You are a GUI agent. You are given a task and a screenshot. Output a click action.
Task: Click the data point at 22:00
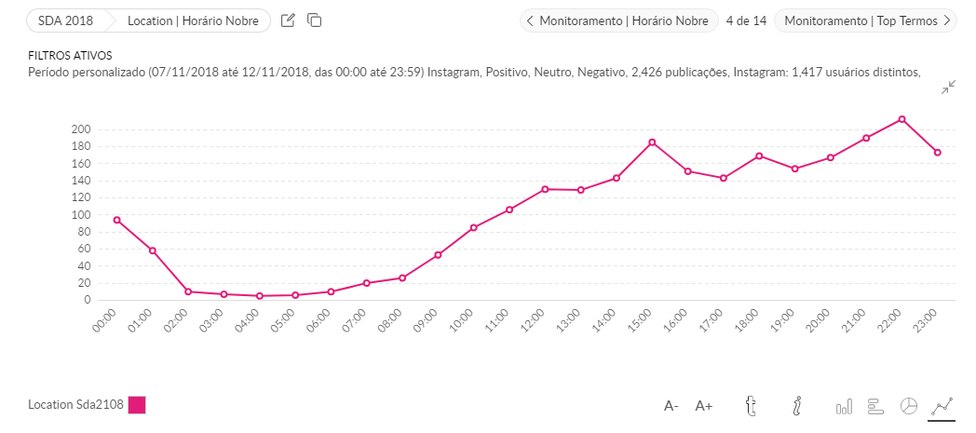pyautogui.click(x=901, y=119)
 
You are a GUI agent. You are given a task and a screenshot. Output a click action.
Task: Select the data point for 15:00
pyautogui.click(x=652, y=142)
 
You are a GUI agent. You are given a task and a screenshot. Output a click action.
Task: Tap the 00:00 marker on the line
pyautogui.click(x=116, y=220)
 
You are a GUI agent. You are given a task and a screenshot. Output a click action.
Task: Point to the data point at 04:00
pyautogui.click(x=259, y=296)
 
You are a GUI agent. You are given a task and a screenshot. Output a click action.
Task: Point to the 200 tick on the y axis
pyautogui.click(x=80, y=129)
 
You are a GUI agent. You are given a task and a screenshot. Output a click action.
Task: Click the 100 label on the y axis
pyautogui.click(x=80, y=215)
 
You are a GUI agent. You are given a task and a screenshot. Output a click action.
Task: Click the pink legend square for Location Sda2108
pyautogui.click(x=137, y=405)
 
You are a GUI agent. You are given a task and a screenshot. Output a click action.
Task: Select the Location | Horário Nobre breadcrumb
pyautogui.click(x=192, y=20)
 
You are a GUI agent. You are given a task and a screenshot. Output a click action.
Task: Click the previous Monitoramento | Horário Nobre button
pyautogui.click(x=619, y=20)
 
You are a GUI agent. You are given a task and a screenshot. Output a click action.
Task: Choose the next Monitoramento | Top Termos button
pyautogui.click(x=865, y=20)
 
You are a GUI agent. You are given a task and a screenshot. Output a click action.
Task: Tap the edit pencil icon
pyautogui.click(x=288, y=20)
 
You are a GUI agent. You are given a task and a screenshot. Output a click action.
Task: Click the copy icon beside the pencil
pyautogui.click(x=315, y=20)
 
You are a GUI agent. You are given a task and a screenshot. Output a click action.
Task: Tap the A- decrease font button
pyautogui.click(x=671, y=406)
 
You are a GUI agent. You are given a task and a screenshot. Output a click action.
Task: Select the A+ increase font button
pyautogui.click(x=704, y=406)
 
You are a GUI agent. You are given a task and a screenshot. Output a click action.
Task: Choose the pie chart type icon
pyautogui.click(x=909, y=406)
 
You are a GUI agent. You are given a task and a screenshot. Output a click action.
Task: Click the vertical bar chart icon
pyautogui.click(x=844, y=406)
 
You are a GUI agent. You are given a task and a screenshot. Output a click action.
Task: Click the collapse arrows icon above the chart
pyautogui.click(x=948, y=88)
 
